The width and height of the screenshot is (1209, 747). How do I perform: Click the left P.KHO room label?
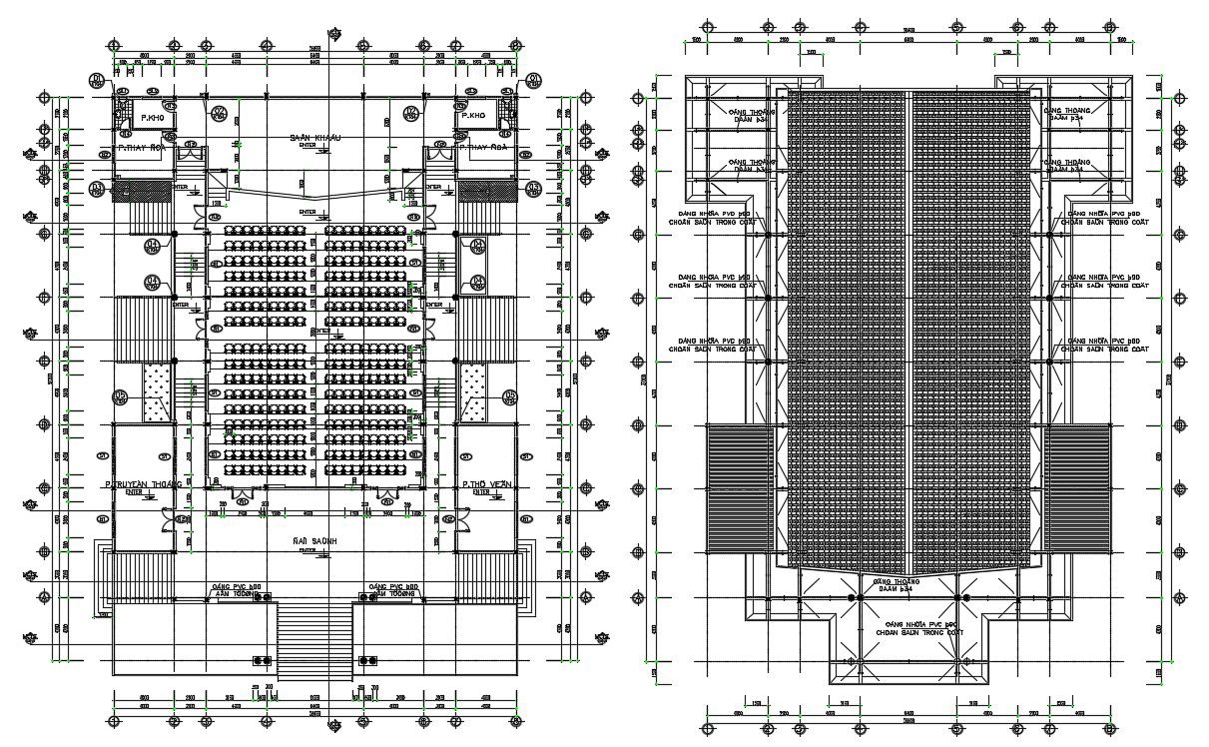click(x=152, y=118)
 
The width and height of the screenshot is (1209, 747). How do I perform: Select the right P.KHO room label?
click(x=472, y=118)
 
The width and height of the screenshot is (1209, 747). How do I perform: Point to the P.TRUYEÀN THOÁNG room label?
click(x=143, y=484)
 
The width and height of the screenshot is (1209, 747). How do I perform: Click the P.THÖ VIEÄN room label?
click(x=486, y=484)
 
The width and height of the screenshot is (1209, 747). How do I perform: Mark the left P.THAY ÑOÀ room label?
click(x=143, y=148)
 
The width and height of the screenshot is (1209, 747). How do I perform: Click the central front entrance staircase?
click(x=314, y=640)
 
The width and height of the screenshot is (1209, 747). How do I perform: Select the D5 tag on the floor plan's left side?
click(x=122, y=396)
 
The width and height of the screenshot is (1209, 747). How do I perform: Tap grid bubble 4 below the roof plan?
click(x=859, y=728)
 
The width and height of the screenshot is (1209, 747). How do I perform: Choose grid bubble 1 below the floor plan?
click(x=114, y=720)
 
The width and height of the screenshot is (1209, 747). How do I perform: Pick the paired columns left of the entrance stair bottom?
click(x=263, y=660)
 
